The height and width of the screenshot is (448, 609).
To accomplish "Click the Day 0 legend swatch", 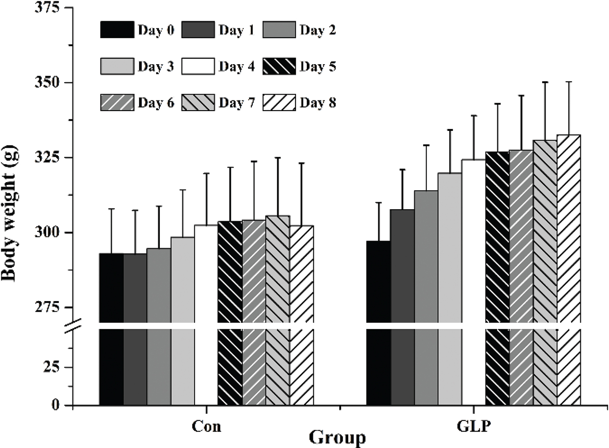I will (x=117, y=30).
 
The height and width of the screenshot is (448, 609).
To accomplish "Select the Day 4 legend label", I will (x=237, y=67).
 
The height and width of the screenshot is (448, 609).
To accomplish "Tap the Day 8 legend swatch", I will (x=279, y=103).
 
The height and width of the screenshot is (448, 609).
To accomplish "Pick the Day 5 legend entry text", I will (x=318, y=67).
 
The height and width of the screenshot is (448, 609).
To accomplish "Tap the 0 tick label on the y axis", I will (x=55, y=405).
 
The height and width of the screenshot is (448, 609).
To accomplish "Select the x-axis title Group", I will (x=337, y=438).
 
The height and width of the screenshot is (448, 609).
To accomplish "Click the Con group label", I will (x=206, y=426).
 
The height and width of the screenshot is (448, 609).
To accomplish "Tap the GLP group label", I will (x=474, y=426).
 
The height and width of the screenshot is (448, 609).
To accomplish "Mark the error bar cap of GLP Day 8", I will (x=569, y=82).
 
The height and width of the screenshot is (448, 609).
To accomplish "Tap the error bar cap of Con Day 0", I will (x=111, y=209).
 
